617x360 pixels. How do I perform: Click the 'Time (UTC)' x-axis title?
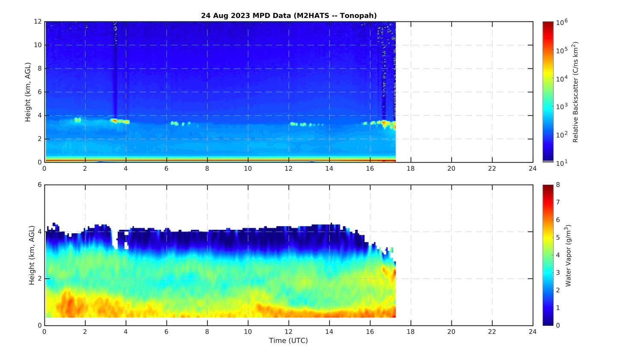pyautogui.click(x=288, y=341)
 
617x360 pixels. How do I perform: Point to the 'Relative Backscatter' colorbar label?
pyautogui.click(x=575, y=92)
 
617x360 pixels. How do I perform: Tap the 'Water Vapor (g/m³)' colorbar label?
pyautogui.click(x=568, y=255)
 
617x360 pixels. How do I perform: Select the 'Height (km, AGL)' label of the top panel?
pyautogui.click(x=28, y=92)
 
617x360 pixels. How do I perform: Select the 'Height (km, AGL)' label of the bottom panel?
pyautogui.click(x=32, y=255)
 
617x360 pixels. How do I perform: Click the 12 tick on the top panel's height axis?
pyautogui.click(x=38, y=22)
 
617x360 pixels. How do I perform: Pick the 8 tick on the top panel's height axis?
pyautogui.click(x=39, y=68)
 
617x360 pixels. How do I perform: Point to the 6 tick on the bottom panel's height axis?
pyautogui.click(x=39, y=185)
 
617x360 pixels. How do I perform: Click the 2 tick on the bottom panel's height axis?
pyautogui.click(x=39, y=279)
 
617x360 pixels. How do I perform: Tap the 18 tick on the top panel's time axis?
pyautogui.click(x=411, y=169)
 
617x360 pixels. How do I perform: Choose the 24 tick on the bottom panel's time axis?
pyautogui.click(x=533, y=332)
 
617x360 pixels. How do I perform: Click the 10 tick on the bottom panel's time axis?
pyautogui.click(x=248, y=332)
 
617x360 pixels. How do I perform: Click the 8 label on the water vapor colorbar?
pyautogui.click(x=558, y=185)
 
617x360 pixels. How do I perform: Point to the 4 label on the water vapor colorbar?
pyautogui.click(x=558, y=255)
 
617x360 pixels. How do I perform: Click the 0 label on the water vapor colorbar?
pyautogui.click(x=558, y=325)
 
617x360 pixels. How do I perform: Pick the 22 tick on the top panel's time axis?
pyautogui.click(x=492, y=169)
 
